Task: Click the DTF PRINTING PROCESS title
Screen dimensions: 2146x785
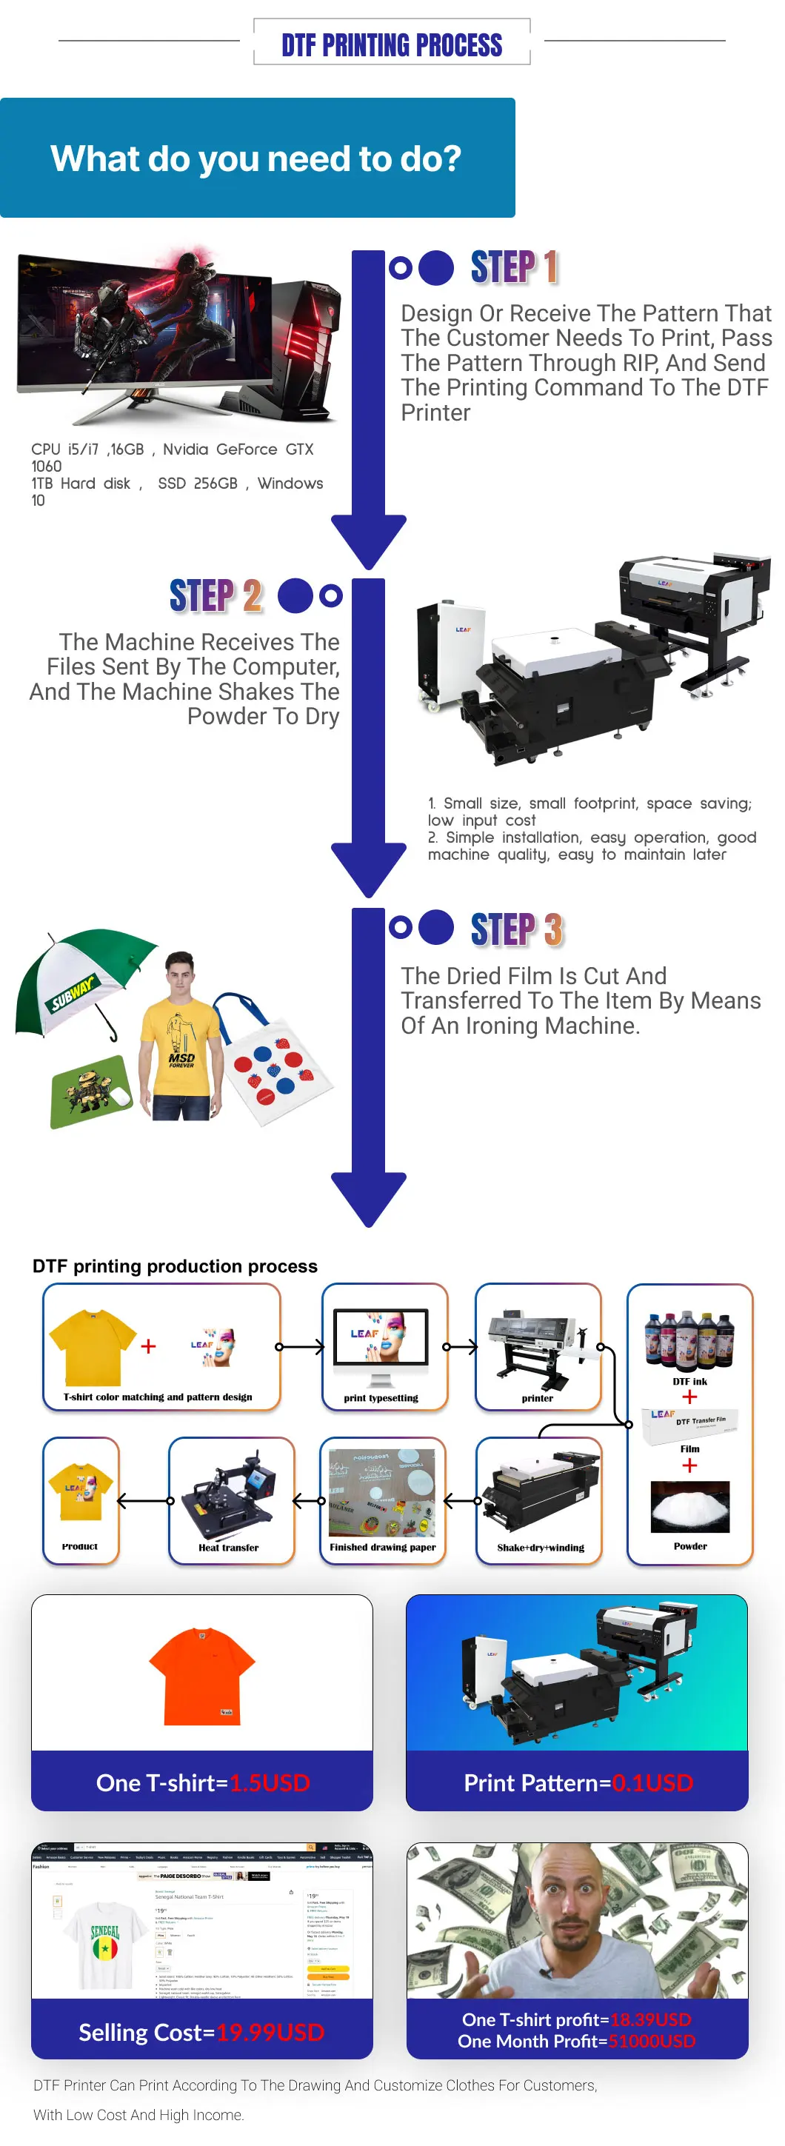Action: pyautogui.click(x=392, y=44)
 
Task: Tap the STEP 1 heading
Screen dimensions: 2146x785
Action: pyautogui.click(x=513, y=267)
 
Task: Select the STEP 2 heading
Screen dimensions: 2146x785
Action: pyautogui.click(x=216, y=595)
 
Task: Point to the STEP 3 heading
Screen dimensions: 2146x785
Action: pyautogui.click(x=517, y=929)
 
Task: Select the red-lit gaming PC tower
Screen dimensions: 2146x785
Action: pyautogui.click(x=305, y=341)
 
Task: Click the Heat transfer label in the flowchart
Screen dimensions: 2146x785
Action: pyautogui.click(x=228, y=1547)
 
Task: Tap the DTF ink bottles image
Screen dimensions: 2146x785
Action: pyautogui.click(x=689, y=1340)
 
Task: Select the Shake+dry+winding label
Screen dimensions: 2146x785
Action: pyautogui.click(x=540, y=1547)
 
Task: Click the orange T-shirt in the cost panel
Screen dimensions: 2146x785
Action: pyautogui.click(x=202, y=1674)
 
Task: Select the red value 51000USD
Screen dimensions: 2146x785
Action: pyautogui.click(x=652, y=2041)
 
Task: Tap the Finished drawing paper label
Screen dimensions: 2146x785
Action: pyautogui.click(x=382, y=1547)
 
